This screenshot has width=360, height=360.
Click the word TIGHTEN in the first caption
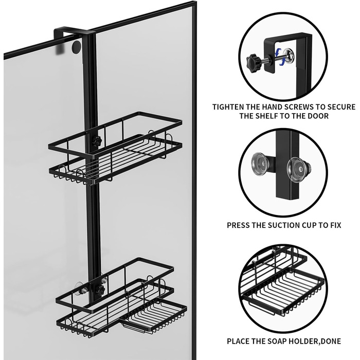pos(228,107)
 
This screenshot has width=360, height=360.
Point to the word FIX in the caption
pos(336,225)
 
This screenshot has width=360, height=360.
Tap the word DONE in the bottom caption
pos(331,341)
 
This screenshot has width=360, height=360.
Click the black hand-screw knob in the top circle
pos(254,60)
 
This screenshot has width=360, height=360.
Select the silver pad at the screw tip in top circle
pos(289,56)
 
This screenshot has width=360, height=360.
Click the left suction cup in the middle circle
pos(260,163)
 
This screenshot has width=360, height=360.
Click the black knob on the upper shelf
pos(97,140)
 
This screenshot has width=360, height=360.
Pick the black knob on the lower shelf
pos(100,290)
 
